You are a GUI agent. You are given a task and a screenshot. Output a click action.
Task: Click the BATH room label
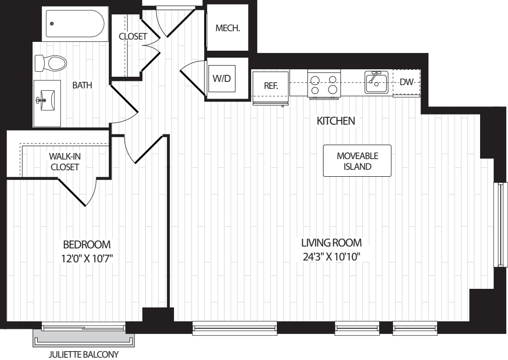[82, 85]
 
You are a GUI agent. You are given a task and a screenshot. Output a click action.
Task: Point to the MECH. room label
[228, 28]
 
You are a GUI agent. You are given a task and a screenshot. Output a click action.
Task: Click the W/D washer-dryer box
[221, 78]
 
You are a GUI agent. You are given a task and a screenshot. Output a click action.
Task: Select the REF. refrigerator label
[271, 86]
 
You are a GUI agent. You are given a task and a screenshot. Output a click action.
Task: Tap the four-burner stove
[324, 84]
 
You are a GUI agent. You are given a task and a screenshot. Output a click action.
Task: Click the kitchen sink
[376, 83]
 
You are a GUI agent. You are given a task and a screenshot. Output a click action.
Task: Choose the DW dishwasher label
[407, 82]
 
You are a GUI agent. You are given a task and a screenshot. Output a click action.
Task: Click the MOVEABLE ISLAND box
[357, 161]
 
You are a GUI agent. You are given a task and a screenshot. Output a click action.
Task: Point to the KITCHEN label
[335, 121]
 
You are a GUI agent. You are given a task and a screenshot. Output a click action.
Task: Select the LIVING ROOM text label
[331, 242]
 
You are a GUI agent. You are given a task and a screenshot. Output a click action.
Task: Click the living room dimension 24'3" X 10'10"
[331, 256]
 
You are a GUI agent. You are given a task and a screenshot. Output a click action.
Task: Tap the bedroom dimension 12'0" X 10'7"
[87, 258]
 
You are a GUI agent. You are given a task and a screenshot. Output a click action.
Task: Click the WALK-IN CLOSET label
[65, 162]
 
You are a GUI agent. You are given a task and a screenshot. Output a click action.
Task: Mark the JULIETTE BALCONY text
[84, 355]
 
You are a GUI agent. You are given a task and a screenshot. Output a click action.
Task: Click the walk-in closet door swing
[79, 191]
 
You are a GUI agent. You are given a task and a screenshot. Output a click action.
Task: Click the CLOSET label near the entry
[133, 36]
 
